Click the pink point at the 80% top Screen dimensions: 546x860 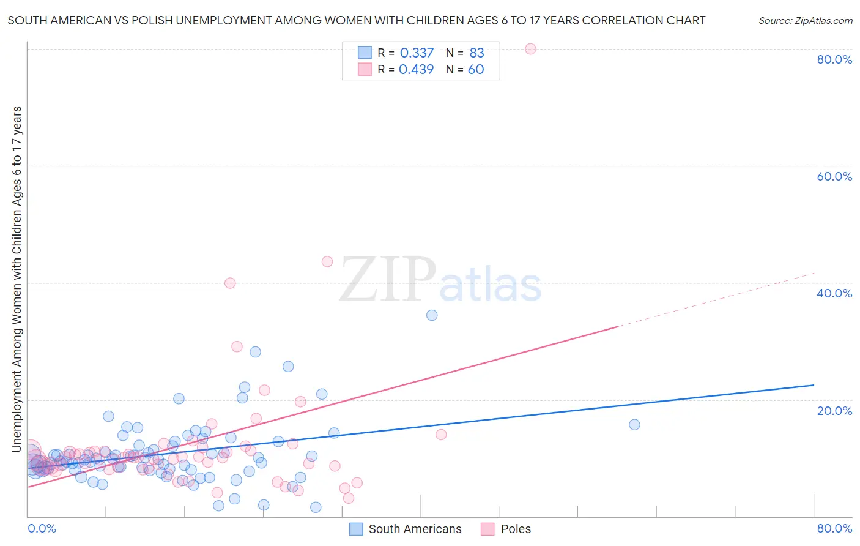(530, 49)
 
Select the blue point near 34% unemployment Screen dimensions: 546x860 (432, 315)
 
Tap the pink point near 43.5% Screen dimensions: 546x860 (327, 261)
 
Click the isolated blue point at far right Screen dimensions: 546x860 (634, 425)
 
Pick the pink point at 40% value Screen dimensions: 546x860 (230, 283)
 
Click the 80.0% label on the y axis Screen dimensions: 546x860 (834, 59)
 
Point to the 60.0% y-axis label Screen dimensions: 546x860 (834, 176)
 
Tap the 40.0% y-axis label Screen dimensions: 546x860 (834, 293)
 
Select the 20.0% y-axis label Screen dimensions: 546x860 (834, 410)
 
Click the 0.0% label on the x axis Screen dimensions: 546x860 (42, 528)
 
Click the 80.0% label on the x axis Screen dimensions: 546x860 (834, 528)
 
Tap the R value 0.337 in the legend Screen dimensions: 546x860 (417, 53)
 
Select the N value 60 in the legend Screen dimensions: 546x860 (476, 69)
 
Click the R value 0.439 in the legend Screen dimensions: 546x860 (417, 69)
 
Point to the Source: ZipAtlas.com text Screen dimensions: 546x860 (805, 20)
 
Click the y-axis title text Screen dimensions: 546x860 (17, 279)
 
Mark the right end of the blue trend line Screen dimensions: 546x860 (814, 385)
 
